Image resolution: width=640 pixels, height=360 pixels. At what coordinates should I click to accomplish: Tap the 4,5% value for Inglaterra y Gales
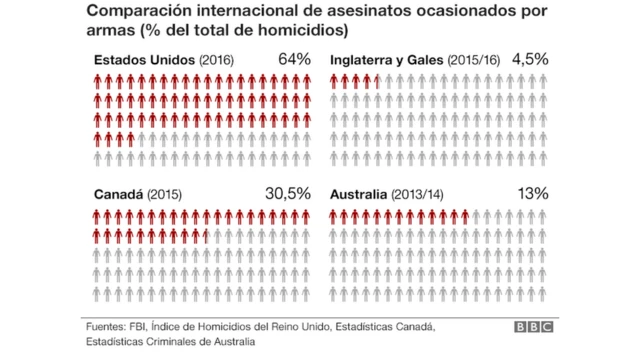(x=529, y=59)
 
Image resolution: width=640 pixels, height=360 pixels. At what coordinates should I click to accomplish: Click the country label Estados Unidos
(x=144, y=60)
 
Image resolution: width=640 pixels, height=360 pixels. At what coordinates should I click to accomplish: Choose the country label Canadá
(x=118, y=194)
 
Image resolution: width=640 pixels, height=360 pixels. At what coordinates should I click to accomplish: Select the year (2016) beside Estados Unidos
(x=217, y=60)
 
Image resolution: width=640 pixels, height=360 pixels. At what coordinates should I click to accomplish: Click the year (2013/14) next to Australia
(x=419, y=194)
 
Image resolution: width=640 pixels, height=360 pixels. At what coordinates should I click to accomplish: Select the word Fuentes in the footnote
(x=105, y=326)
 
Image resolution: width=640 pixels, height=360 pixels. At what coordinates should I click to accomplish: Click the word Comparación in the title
(x=140, y=11)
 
